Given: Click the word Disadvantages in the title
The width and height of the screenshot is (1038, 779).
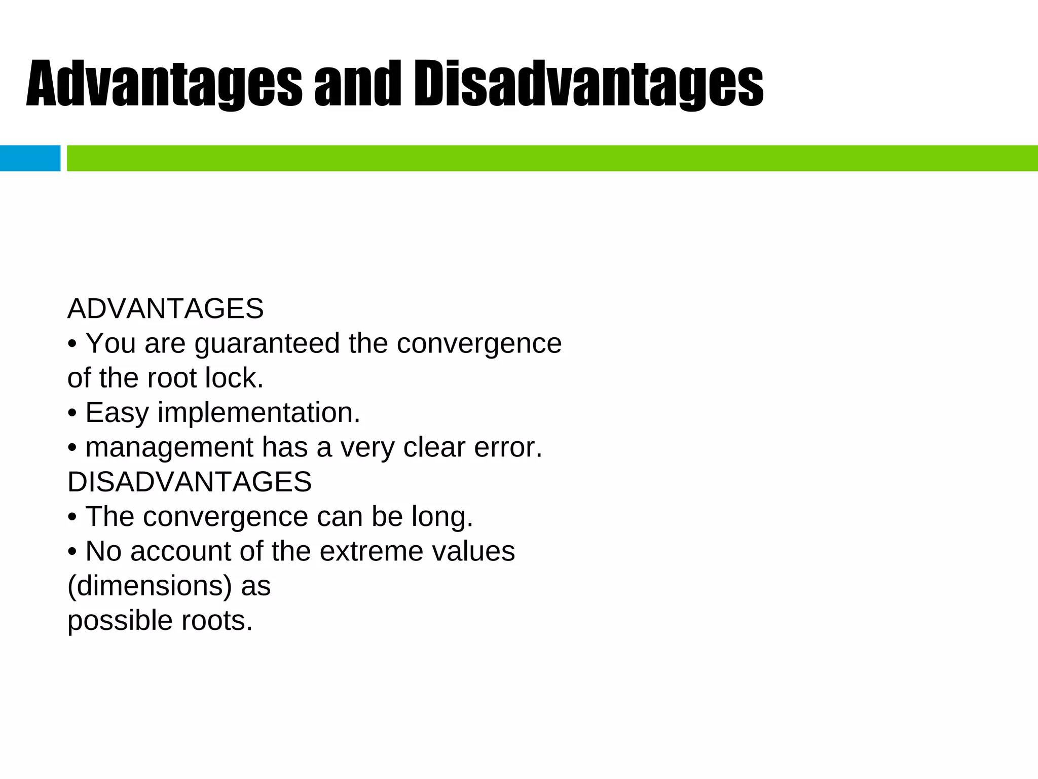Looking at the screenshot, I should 588,84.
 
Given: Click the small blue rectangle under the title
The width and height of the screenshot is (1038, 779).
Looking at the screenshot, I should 30,158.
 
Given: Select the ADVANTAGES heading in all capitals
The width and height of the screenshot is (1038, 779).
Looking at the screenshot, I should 166,308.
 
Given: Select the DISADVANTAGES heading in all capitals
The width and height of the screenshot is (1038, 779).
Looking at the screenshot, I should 190,481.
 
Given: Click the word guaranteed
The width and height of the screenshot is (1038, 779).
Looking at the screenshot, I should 267,344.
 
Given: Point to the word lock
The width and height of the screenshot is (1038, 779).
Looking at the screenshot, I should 234,378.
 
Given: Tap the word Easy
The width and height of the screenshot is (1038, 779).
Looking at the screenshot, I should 117,413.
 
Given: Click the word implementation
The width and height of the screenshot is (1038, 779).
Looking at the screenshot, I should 259,413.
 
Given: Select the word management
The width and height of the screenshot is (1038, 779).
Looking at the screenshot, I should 169,447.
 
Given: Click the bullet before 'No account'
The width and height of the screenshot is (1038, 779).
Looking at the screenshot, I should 72,552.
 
